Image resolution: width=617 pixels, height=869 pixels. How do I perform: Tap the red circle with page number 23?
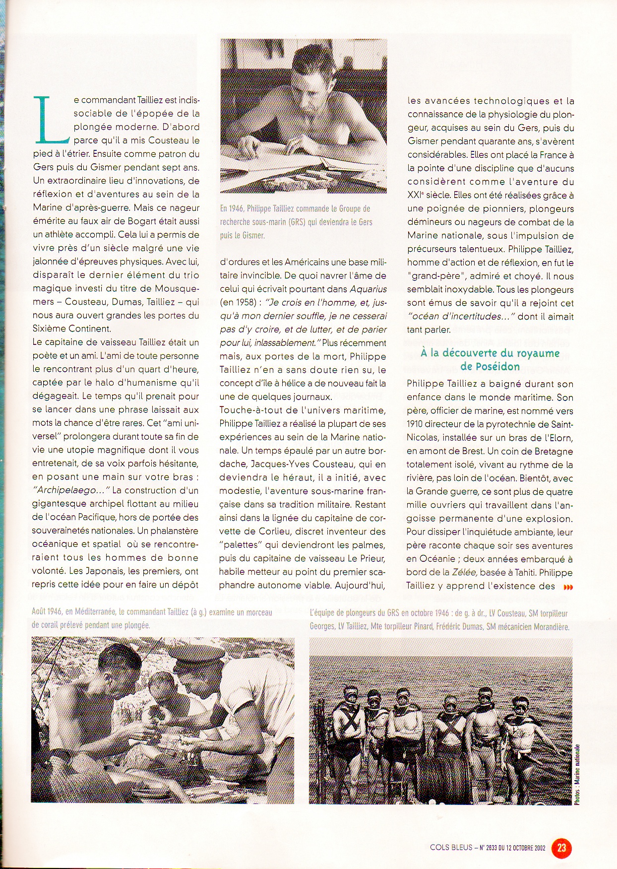[561, 847]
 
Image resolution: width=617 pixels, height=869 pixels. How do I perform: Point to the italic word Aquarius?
[368, 289]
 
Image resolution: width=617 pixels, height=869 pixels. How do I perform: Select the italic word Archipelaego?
[70, 490]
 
